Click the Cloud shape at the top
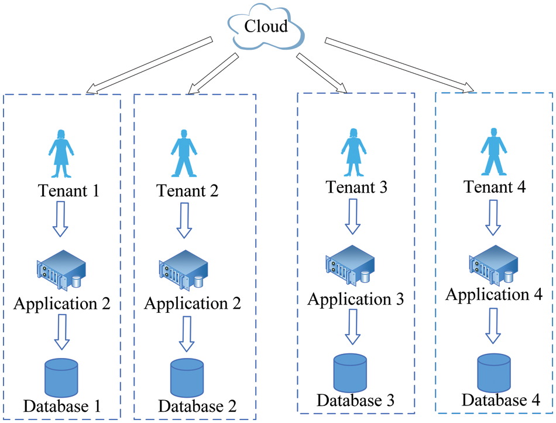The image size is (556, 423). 266,27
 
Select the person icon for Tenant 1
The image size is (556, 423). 61,153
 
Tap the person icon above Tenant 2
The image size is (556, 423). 184,153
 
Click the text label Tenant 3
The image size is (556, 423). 356,187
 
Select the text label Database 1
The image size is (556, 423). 62,405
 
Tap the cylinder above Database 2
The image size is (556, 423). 187,378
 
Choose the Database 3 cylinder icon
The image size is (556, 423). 350,373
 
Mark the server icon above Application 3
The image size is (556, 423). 350,267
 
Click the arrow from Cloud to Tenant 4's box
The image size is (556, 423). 399,64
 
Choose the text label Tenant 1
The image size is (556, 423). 68,190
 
